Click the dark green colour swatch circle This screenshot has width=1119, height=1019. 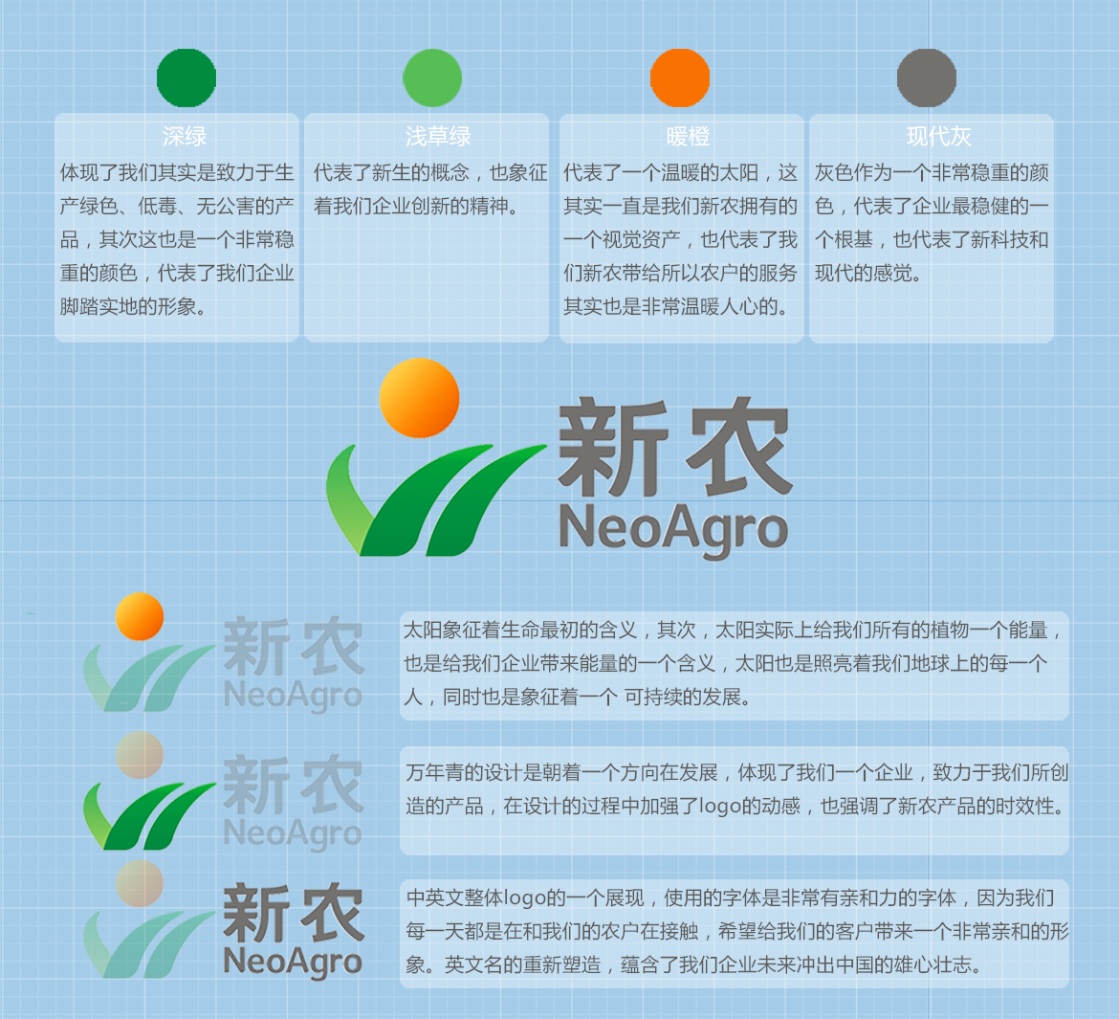click(x=186, y=78)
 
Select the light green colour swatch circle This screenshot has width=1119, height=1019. click(x=432, y=78)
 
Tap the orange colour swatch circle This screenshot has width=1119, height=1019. click(x=680, y=78)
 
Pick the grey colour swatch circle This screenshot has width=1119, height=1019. click(x=927, y=78)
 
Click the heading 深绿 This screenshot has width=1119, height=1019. click(x=185, y=136)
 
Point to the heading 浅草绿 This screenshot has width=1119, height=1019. click(x=438, y=136)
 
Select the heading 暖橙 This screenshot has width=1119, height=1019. click(x=688, y=136)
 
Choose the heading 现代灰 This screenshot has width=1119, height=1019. click(x=939, y=136)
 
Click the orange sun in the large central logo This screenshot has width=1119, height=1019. click(x=419, y=398)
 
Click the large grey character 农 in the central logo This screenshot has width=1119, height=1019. click(x=738, y=448)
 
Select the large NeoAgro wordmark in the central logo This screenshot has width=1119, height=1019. click(x=673, y=529)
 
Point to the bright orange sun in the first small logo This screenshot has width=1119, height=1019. click(x=140, y=616)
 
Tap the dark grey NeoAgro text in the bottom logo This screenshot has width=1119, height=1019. click(x=293, y=963)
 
